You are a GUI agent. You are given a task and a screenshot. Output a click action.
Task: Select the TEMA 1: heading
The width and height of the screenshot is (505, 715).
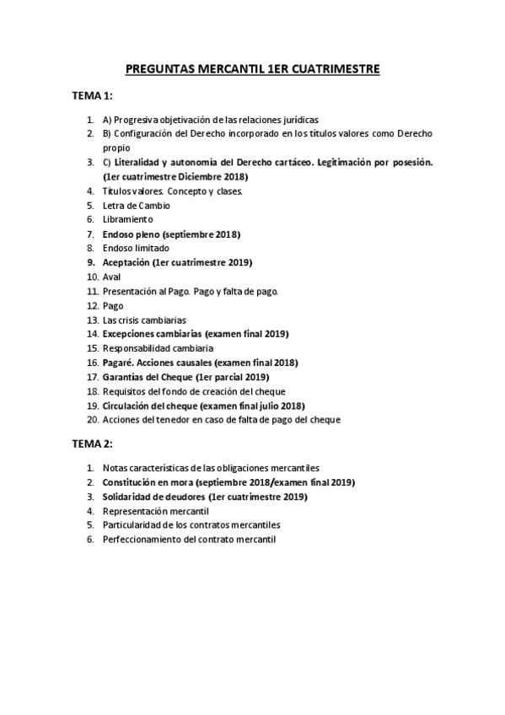coord(93,97)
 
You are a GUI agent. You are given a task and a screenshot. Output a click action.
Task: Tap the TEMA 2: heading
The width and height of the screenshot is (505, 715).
coord(93,443)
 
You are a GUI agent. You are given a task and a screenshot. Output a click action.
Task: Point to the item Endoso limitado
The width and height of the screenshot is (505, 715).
coord(136,248)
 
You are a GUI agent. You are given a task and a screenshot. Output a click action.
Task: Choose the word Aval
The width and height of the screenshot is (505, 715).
coord(112,277)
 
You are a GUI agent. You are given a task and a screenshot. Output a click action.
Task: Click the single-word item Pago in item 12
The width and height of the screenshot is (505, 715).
coord(113,305)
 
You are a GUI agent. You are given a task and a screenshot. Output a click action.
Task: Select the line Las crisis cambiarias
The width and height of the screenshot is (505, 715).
coord(144,320)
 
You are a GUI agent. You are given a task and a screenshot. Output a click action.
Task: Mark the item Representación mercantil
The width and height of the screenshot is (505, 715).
coord(155,511)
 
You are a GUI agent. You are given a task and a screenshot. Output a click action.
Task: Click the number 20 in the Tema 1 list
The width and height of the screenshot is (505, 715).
coord(93,420)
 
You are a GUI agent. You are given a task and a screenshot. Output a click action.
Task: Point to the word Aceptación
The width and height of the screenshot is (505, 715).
coord(126,262)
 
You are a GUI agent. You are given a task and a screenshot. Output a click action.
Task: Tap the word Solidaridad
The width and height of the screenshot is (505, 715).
coord(129,497)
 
